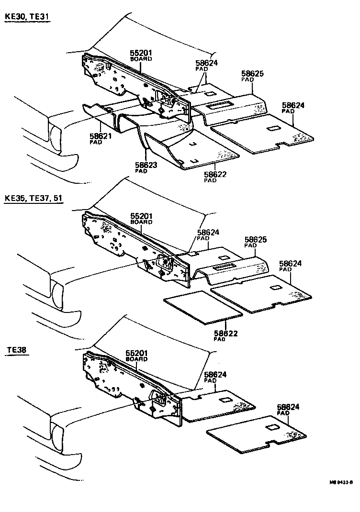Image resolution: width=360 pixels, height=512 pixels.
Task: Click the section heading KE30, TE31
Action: coord(27,17)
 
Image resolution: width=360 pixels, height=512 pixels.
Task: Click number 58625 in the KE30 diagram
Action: coord(252,74)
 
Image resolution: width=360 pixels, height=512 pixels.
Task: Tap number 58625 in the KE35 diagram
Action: coord(256,239)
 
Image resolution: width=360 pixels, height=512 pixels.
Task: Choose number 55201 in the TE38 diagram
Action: coord(136,354)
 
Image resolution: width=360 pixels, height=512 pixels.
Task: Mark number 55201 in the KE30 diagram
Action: coord(141,53)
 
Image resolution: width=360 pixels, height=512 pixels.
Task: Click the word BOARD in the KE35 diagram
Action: coord(141,223)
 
